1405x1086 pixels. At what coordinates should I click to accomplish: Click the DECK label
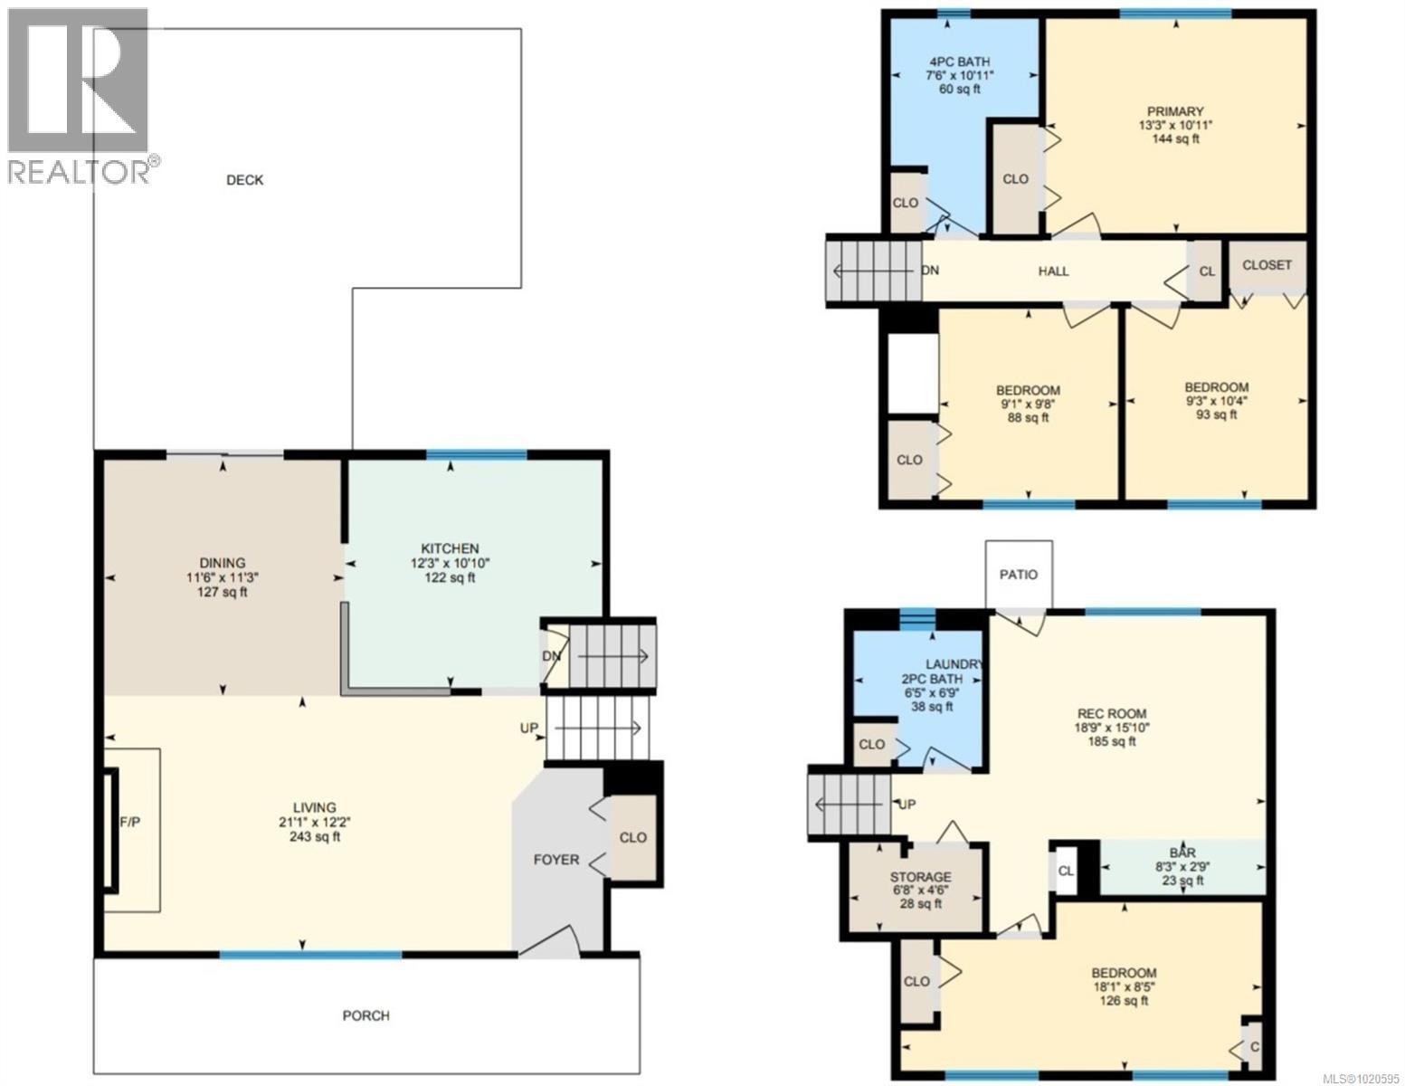[244, 180]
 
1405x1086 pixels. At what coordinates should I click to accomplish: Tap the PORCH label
[366, 1015]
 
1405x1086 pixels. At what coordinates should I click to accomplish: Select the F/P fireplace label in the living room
[131, 823]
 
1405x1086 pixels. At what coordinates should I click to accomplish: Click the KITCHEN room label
[450, 548]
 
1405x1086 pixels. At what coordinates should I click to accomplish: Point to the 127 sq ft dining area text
[223, 593]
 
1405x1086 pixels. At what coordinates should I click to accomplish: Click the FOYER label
[555, 860]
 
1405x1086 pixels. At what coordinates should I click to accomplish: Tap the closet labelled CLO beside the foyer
[633, 837]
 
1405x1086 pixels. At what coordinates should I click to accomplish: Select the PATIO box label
[1019, 575]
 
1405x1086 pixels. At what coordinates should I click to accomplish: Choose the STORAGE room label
[920, 877]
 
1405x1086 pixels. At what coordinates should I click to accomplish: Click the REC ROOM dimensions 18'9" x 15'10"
[1112, 727]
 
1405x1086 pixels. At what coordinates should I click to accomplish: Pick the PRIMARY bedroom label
[1175, 111]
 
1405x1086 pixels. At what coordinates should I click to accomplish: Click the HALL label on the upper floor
[1053, 271]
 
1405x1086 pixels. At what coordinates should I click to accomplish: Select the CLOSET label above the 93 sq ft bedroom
[1267, 265]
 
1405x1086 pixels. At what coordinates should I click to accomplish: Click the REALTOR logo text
[80, 170]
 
